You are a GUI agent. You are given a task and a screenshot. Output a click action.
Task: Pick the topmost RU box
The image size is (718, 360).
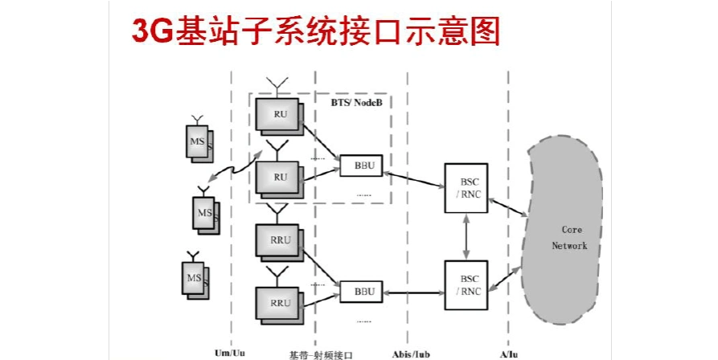279,114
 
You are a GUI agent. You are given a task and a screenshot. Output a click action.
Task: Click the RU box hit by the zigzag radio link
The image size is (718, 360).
279,177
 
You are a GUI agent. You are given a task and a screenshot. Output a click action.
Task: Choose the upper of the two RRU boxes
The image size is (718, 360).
279,239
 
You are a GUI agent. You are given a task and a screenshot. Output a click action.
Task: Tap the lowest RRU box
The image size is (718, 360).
279,303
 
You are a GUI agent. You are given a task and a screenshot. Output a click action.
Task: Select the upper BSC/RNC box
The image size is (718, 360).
469,188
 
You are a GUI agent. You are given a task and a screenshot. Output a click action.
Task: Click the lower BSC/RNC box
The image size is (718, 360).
469,285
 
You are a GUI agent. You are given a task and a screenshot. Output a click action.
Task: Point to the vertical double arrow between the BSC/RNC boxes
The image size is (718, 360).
466,237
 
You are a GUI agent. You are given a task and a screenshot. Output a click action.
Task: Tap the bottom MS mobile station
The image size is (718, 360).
196,279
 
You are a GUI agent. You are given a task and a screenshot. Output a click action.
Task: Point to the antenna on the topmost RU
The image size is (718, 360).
279,85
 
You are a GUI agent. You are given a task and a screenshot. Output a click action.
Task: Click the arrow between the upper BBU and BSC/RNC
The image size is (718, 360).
413,176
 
